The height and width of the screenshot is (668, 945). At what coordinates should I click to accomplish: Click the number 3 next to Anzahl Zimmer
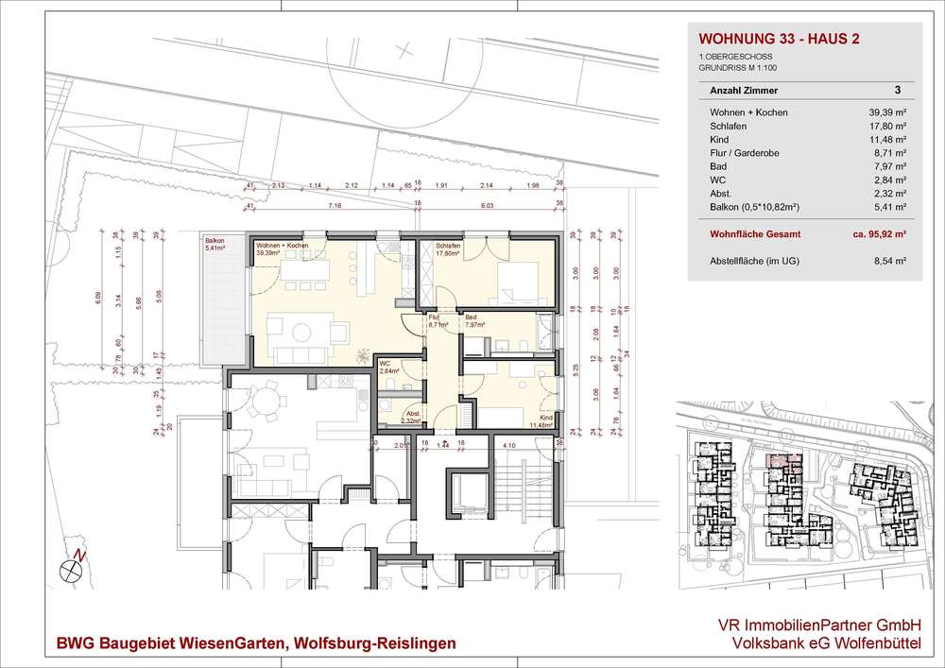pos(897,91)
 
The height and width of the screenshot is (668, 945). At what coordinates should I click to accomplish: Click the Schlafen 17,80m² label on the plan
pos(448,248)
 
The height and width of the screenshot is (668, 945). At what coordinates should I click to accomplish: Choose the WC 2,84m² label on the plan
pos(388,368)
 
